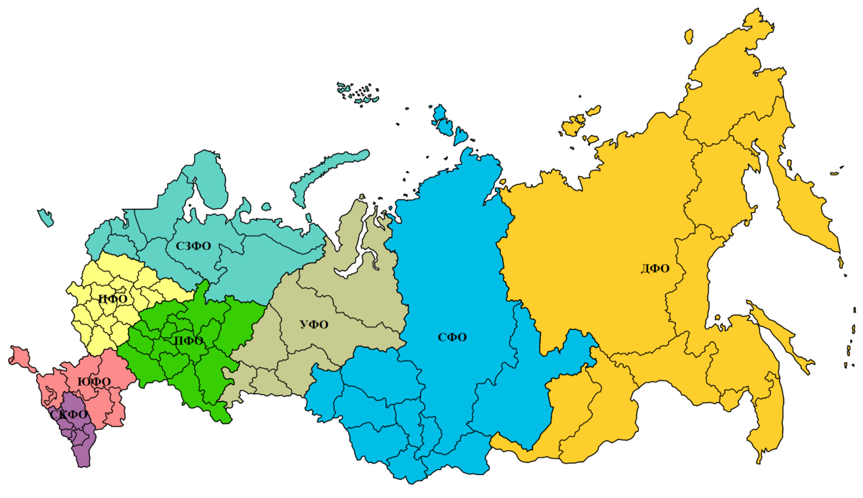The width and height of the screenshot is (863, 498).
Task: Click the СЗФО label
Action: (193, 246)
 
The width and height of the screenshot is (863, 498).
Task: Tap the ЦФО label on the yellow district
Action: (113, 299)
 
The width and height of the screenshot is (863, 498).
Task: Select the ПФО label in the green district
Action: (189, 341)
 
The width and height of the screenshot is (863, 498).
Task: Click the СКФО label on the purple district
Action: (70, 415)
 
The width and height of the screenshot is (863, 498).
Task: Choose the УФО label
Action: (314, 325)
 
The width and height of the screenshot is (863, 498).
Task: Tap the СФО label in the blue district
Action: (452, 337)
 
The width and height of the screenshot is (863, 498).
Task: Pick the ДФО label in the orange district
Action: (654, 269)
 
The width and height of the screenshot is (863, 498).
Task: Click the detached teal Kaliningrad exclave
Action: (46, 216)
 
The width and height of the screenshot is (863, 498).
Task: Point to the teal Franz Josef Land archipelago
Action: (360, 92)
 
